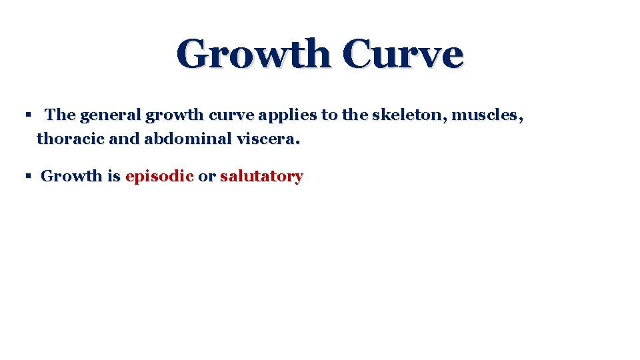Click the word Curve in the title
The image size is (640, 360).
point(403,54)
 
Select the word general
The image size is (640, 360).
point(110,115)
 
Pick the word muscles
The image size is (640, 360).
point(487,115)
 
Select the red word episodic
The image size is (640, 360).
point(159,177)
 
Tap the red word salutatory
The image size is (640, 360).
point(261,177)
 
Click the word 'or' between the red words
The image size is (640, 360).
point(207,177)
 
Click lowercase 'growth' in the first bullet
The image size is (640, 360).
point(175,115)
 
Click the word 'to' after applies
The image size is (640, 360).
point(329,115)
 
